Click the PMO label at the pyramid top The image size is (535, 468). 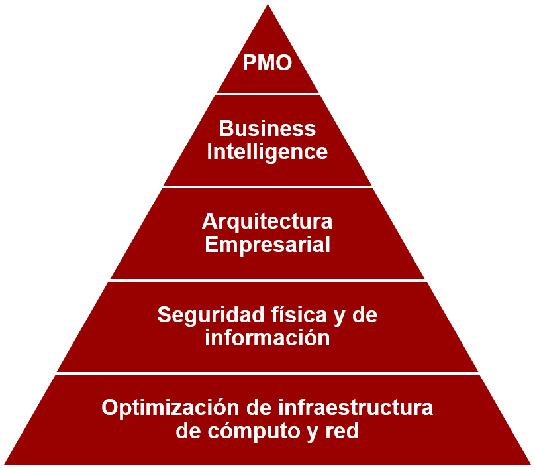point(267,64)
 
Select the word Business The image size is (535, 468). point(267,128)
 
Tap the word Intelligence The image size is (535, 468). point(267,152)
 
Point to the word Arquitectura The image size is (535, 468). point(267,221)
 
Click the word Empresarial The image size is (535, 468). point(267,245)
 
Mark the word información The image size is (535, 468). point(267,338)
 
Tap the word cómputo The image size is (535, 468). point(251,432)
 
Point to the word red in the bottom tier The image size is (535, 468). point(342,432)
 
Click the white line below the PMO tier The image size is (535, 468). point(267,93)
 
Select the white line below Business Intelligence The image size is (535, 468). point(267,186)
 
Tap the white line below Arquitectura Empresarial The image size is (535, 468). point(267,280)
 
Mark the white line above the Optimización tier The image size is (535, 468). point(267,373)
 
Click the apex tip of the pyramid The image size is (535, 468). point(267,3)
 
